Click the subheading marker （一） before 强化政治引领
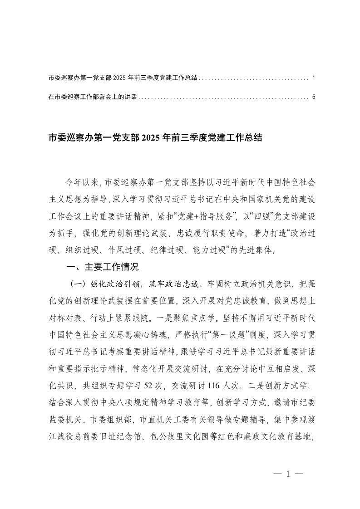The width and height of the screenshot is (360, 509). point(77,284)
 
